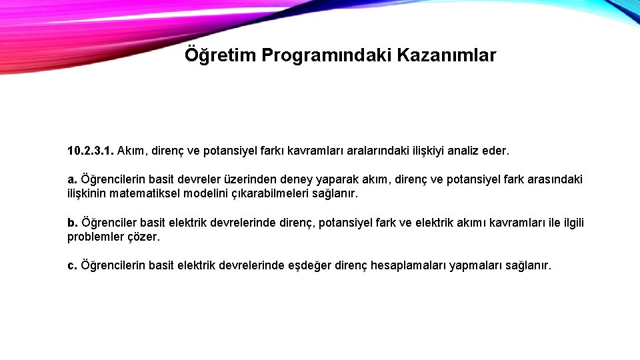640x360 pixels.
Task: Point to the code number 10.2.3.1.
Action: [x=91, y=151]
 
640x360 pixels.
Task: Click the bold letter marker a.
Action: [x=73, y=180]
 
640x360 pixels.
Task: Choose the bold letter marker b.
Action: [x=73, y=223]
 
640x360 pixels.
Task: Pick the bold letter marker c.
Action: [x=72, y=265]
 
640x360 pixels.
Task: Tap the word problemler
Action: [x=95, y=237]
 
